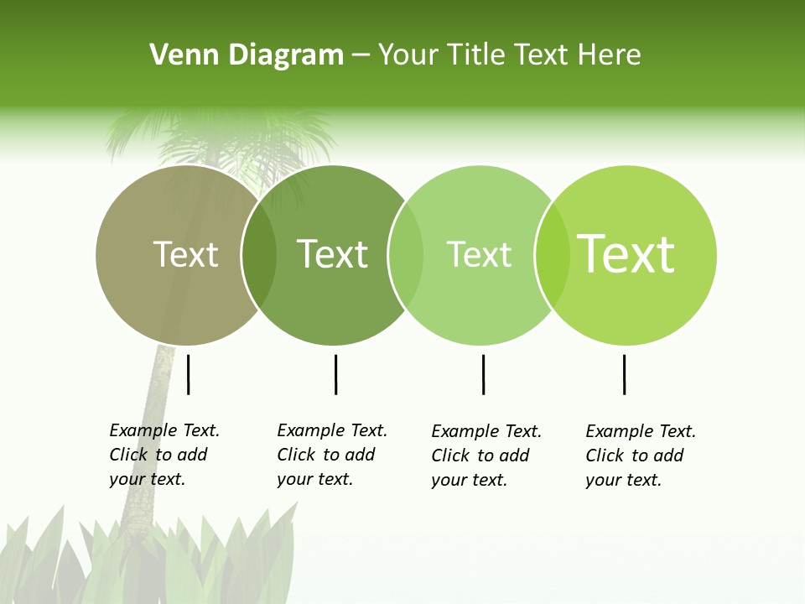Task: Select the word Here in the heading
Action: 610,55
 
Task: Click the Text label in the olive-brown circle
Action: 185,254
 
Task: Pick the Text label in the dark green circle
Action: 332,254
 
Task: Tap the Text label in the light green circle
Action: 479,254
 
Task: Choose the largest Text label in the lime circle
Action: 626,254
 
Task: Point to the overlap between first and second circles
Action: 259,255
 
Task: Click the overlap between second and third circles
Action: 406,255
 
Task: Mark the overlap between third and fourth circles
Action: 552,255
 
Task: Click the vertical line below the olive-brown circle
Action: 189,374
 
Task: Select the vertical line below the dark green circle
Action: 335,374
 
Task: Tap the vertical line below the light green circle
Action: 483,374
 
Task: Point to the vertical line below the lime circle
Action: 624,374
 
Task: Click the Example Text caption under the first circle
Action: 164,455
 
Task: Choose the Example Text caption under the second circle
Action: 331,455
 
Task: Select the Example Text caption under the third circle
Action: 486,456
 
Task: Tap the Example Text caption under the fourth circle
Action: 640,456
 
